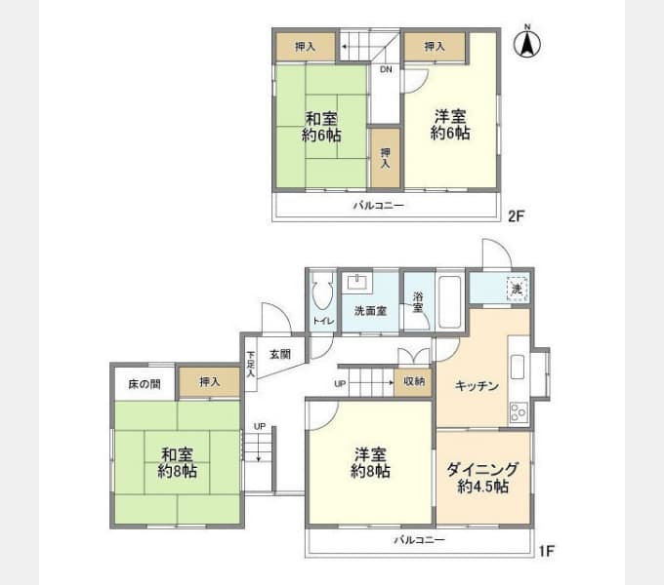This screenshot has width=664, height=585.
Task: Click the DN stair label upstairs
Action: [x=386, y=69]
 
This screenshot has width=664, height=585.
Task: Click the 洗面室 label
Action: [x=370, y=311]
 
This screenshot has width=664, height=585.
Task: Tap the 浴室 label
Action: [x=417, y=302]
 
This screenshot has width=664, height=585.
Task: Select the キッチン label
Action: [x=477, y=386]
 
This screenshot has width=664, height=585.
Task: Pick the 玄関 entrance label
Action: [x=280, y=354]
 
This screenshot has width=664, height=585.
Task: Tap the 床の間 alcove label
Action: [x=145, y=383]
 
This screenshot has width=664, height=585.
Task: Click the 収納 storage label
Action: [x=414, y=381]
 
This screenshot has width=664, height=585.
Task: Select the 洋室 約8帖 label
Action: [x=371, y=462]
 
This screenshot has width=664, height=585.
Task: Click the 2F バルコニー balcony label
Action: [x=379, y=206]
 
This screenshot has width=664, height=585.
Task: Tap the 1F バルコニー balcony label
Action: [x=420, y=539]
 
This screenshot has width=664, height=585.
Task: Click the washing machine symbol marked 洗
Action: [x=517, y=288]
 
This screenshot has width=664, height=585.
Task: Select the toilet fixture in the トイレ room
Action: [x=322, y=292]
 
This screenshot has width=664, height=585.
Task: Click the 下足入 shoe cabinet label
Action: [x=251, y=362]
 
